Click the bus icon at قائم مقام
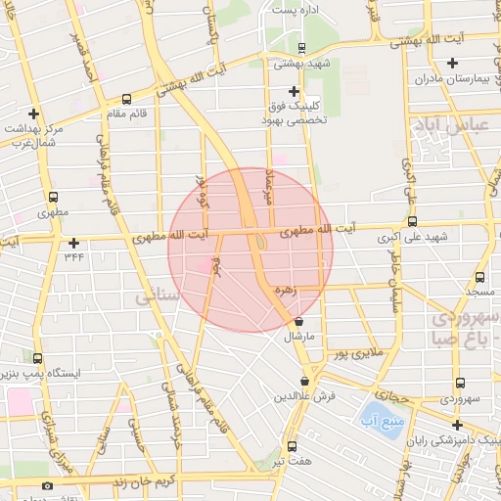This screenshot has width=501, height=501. click(x=126, y=98)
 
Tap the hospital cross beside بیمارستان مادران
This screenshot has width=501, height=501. click(x=451, y=64)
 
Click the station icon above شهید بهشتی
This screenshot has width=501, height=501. click(x=300, y=47)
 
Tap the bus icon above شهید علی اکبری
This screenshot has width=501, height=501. click(x=412, y=221)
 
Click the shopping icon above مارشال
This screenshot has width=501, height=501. click(x=298, y=321)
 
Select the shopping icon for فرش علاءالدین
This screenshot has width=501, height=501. click(x=305, y=381)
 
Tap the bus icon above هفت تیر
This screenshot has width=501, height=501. click(x=291, y=445)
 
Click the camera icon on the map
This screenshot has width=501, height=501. click(x=47, y=486)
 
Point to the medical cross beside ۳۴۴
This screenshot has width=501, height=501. click(x=73, y=243)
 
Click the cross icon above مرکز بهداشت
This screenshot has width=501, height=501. click(x=34, y=113)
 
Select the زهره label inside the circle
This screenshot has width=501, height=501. click(x=286, y=290)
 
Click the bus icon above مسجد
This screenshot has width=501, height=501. click(x=479, y=277)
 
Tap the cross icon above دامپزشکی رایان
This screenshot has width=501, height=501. click(x=456, y=425)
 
